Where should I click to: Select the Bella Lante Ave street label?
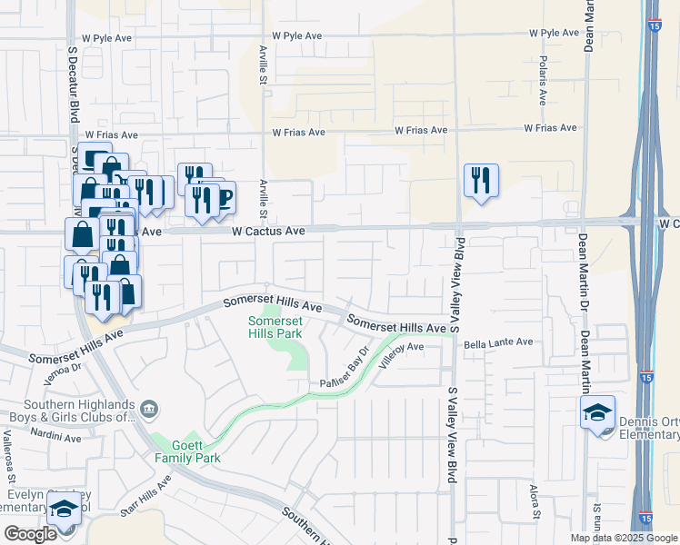click(498, 342)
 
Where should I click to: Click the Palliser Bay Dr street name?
click(343, 370)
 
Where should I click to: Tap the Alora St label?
click(535, 501)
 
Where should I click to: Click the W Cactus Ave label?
click(268, 232)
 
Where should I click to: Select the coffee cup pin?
click(221, 196)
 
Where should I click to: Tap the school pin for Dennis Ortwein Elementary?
click(598, 412)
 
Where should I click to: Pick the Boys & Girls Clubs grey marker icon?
click(151, 411)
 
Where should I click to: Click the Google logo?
click(31, 534)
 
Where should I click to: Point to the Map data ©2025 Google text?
click(623, 538)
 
